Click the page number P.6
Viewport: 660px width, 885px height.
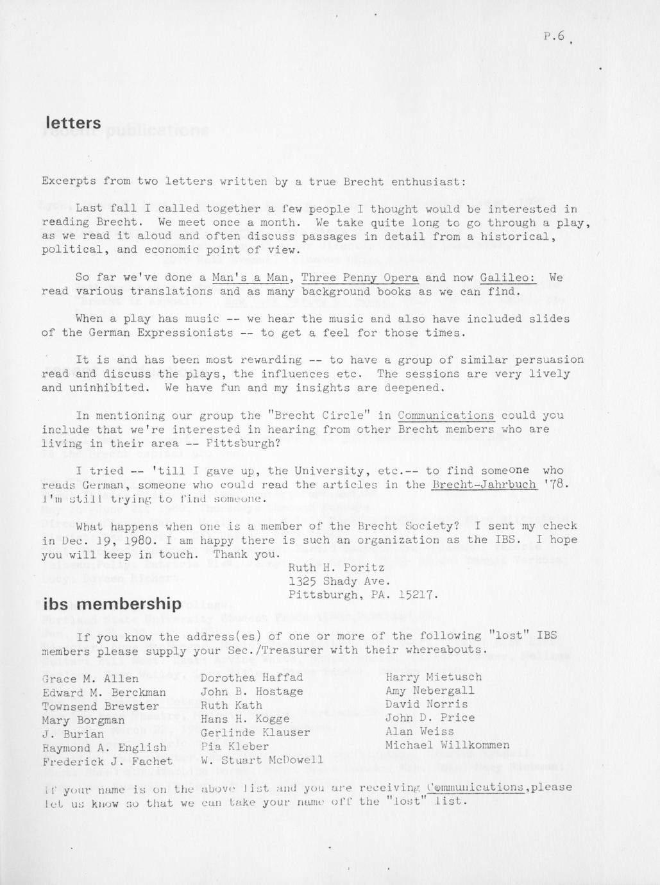tap(554, 37)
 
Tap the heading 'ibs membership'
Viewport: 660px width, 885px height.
tap(112, 604)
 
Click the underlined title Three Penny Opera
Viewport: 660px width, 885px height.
tap(359, 278)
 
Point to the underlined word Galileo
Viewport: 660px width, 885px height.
tap(507, 278)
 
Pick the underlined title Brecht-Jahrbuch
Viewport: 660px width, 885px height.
tap(484, 485)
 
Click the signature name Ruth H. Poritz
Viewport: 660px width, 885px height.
tap(336, 568)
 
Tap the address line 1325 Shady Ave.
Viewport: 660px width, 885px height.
tap(339, 582)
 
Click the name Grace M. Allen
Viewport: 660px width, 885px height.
tap(90, 678)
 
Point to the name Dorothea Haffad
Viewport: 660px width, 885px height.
tap(251, 677)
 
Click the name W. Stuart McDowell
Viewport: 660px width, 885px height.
tap(262, 761)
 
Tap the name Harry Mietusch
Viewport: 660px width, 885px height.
tap(433, 677)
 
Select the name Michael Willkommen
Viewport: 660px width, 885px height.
tap(447, 745)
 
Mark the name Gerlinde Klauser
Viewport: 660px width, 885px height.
tap(255, 732)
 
